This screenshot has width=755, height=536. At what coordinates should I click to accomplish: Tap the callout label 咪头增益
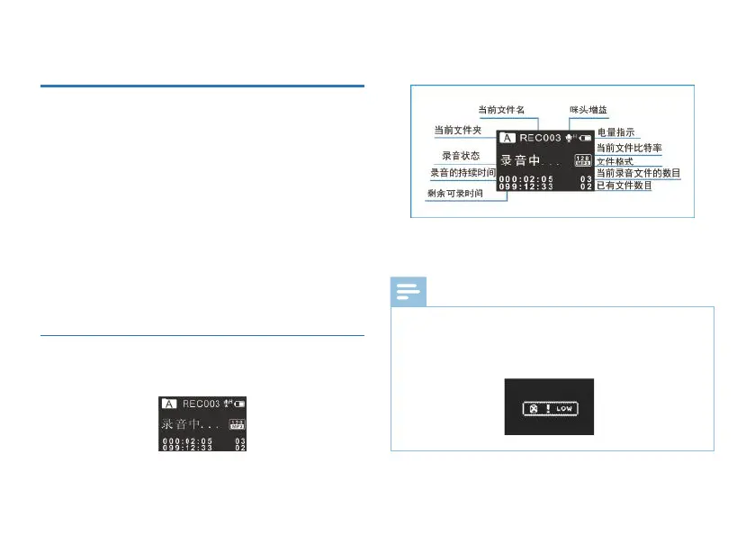[588, 110]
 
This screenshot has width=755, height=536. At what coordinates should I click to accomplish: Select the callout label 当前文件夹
[459, 130]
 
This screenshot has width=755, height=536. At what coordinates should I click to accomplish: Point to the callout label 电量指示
[616, 132]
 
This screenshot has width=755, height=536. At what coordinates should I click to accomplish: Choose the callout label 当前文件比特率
[630, 147]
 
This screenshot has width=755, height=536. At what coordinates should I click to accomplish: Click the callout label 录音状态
[460, 156]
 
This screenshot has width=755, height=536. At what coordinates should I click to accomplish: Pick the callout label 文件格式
[616, 161]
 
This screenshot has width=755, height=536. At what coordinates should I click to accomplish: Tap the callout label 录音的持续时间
[463, 172]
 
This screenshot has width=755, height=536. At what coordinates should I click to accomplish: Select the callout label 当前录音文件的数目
[638, 173]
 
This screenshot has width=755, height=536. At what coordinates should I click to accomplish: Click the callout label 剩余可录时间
[455, 194]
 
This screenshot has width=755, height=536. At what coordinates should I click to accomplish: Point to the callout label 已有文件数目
[625, 186]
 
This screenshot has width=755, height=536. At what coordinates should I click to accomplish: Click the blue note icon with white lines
[409, 292]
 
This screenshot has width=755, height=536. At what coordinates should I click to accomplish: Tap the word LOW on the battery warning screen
[563, 408]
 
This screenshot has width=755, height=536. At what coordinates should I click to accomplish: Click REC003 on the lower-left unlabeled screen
[202, 404]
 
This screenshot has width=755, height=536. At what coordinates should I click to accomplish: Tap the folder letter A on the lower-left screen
[169, 404]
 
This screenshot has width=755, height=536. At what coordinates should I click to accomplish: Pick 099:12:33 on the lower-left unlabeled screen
[187, 446]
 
